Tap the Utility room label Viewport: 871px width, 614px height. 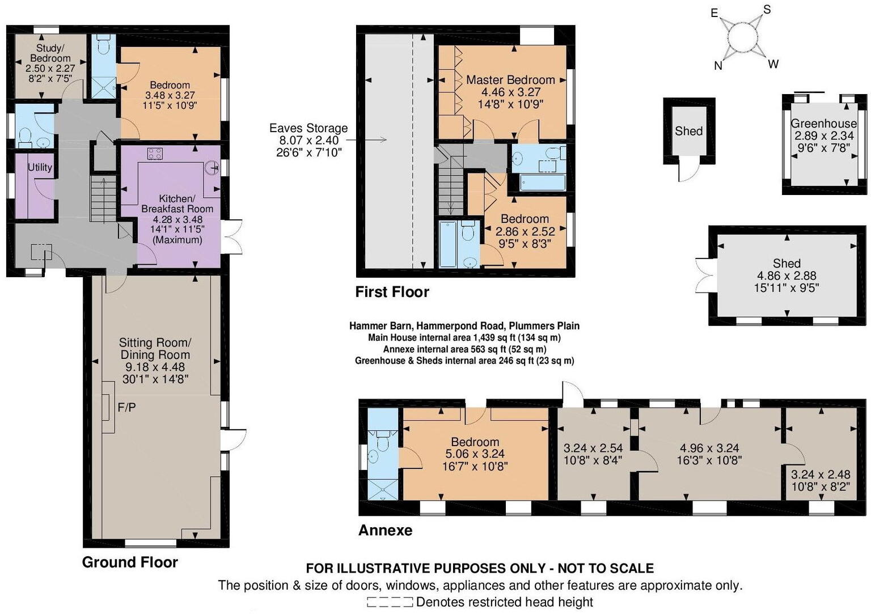40,167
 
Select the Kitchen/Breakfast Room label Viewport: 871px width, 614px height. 177,204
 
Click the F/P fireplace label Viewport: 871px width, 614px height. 126,407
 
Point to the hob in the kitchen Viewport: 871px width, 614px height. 155,153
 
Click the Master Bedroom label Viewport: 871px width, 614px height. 510,80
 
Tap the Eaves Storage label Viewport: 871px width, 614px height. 308,128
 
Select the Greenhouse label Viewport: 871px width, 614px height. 823,124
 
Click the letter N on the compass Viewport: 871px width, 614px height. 718,66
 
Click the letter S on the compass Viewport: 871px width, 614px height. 767,10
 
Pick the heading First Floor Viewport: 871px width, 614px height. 392,292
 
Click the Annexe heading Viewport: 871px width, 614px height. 385,531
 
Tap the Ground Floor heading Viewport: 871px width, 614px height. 130,562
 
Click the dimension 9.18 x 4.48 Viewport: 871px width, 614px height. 155,367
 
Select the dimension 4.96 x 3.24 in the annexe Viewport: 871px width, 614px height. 709,448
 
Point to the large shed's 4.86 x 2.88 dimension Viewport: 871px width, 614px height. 787,276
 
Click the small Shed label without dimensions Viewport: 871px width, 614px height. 688,131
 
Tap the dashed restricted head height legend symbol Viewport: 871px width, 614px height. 389,602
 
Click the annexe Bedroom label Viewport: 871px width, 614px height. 475,442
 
